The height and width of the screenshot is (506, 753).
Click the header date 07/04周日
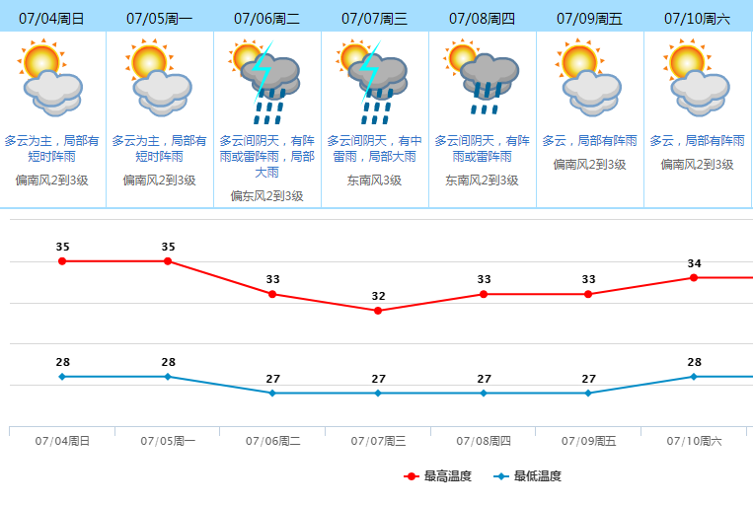(x=51, y=18)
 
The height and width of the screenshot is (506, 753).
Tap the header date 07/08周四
(x=482, y=18)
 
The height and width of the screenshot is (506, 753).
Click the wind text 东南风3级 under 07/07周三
(x=374, y=181)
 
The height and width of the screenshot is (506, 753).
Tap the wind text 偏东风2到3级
(x=266, y=196)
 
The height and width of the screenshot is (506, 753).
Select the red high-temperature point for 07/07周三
(x=378, y=311)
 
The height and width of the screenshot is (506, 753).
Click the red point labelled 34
(x=694, y=277)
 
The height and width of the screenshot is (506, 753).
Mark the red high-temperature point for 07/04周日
(x=62, y=261)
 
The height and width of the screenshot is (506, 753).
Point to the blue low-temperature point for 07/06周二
(x=272, y=393)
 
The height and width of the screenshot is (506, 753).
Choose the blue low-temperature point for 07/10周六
(x=694, y=376)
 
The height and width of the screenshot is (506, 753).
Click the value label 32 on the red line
(x=378, y=296)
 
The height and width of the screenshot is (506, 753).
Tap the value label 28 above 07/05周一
(x=168, y=362)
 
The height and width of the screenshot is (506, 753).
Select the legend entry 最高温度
(x=438, y=476)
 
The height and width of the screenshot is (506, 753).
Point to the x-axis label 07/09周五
(x=588, y=441)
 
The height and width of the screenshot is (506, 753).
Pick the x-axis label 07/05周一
(x=168, y=441)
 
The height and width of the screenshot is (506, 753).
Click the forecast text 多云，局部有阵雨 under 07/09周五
(x=589, y=141)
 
